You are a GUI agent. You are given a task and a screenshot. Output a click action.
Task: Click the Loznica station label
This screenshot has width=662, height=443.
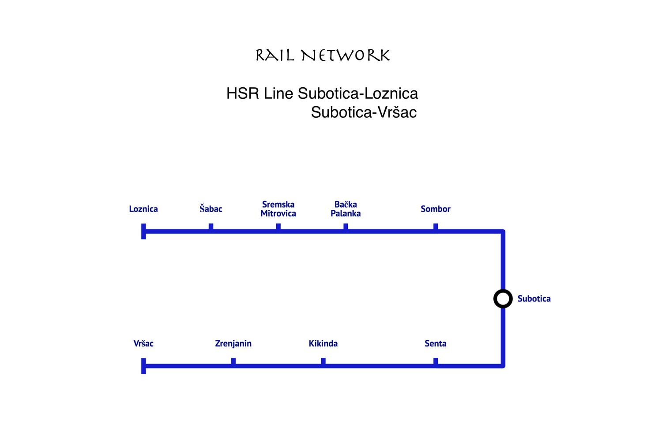[x=143, y=209]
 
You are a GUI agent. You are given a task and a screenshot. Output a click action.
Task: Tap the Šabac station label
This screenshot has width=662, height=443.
[x=211, y=209]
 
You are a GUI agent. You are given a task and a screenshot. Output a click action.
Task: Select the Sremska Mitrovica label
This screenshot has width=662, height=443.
[x=278, y=209]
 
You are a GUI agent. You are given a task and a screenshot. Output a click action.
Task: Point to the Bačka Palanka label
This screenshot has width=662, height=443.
[x=346, y=209]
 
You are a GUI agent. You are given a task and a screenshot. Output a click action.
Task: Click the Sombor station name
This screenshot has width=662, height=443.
[x=435, y=209]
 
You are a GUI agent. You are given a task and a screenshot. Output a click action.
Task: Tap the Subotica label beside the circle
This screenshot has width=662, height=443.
[x=534, y=299]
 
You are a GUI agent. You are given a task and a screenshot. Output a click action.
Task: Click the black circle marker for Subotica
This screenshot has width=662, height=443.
[x=503, y=299]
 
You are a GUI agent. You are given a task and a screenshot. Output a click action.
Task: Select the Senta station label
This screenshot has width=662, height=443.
[x=435, y=343]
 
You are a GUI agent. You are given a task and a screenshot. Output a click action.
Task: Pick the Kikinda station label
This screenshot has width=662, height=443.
[x=323, y=343]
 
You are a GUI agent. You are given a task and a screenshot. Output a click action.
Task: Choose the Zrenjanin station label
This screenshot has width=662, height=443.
[x=233, y=343]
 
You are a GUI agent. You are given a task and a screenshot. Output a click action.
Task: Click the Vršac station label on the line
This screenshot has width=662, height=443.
[x=143, y=343]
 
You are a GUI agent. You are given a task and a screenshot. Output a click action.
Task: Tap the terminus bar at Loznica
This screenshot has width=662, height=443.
[x=143, y=231]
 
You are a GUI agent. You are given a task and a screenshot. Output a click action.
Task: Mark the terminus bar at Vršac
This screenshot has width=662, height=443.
[x=143, y=366]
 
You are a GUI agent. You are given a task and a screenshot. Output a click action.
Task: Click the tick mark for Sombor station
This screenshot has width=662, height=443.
[x=436, y=227]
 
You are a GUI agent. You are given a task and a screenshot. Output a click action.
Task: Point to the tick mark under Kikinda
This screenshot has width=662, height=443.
[x=323, y=361]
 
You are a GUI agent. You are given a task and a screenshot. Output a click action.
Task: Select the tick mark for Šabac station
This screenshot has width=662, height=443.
[x=211, y=227]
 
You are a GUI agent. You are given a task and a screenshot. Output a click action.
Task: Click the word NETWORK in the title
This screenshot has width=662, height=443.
[x=346, y=56]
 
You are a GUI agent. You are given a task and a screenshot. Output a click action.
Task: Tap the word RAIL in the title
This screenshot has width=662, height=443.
[x=275, y=56]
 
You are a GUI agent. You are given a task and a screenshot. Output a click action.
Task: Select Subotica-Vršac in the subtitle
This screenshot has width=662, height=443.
[x=364, y=112]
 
